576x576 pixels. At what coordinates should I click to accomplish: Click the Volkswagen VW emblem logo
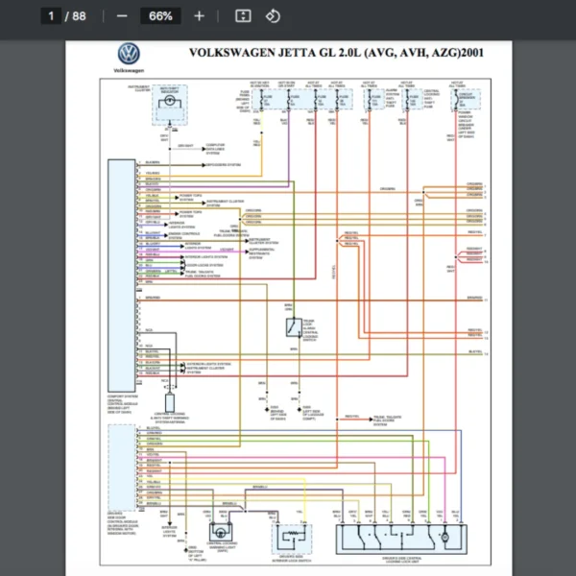pos(128,55)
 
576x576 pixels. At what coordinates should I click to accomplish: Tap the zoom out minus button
pos(122,16)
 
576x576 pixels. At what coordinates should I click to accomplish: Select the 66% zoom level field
pos(160,16)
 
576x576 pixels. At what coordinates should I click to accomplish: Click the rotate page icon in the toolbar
pos(273,16)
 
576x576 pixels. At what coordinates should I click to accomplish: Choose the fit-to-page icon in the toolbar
pos(243,16)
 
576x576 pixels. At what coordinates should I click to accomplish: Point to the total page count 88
pos(79,16)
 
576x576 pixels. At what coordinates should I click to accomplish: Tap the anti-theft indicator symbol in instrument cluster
pos(168,109)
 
